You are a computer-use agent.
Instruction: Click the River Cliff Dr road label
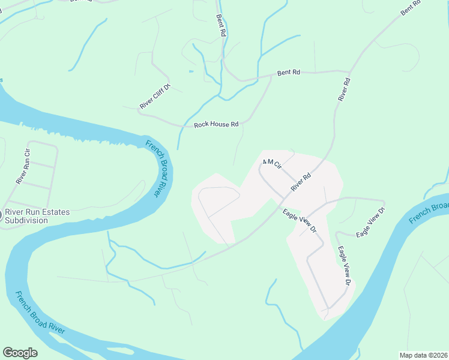click(x=155, y=97)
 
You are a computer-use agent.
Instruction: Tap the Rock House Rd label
click(x=216, y=125)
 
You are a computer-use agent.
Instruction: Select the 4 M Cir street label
click(x=272, y=163)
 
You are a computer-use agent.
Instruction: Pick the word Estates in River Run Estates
click(x=55, y=212)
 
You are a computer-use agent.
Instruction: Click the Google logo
click(x=20, y=353)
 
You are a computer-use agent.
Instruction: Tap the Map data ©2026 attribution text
click(x=423, y=355)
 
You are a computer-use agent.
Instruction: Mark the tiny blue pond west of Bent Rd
click(x=191, y=71)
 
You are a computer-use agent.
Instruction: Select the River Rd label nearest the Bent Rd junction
click(x=343, y=89)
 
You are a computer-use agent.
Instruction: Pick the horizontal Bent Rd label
click(x=288, y=73)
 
